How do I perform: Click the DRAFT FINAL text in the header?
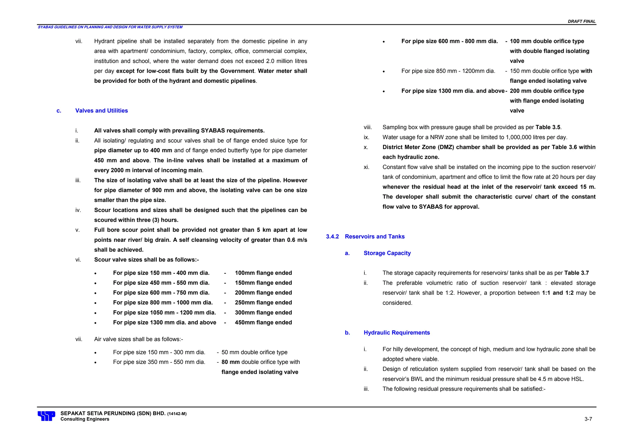click(581, 21)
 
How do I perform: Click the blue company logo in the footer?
click(46, 416)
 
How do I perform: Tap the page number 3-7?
click(588, 419)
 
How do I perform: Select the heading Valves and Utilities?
click(101, 111)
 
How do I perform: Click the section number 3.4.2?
click(332, 237)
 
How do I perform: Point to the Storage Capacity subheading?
click(387, 253)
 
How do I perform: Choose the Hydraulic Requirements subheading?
click(396, 333)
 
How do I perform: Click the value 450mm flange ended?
click(263, 323)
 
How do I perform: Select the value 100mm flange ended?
click(263, 273)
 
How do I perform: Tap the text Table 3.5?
click(548, 127)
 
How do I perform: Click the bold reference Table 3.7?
click(576, 273)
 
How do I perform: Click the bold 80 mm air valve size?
click(230, 362)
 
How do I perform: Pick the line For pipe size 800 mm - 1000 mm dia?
click(163, 303)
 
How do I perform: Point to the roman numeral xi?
click(366, 167)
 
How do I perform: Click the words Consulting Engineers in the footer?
click(85, 419)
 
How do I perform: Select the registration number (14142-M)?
click(177, 414)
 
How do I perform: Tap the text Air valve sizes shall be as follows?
click(138, 339)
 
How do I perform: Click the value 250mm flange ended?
click(263, 303)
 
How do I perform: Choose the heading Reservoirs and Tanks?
click(374, 237)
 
